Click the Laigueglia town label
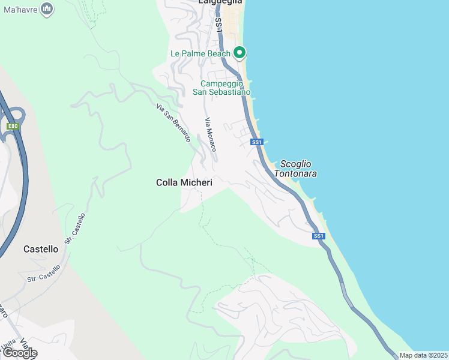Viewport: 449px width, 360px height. pos(221,2)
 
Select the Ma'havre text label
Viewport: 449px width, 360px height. pos(20,9)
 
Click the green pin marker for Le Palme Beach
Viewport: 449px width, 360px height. pos(240,53)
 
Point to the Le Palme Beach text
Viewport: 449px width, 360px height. pos(200,53)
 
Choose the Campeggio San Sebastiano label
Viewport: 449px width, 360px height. pos(221,88)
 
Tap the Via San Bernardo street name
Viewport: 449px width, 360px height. pos(173,123)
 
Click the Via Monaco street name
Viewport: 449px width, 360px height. pos(211,134)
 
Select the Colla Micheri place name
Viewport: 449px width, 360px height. pos(184,182)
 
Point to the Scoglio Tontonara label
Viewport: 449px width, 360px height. pos(295,169)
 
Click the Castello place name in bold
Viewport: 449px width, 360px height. pos(41,248)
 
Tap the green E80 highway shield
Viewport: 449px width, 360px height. pos(13,126)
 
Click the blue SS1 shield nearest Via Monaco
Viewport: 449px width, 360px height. pos(257,142)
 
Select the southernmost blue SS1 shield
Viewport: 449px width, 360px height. pos(319,236)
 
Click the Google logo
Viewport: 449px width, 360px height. pos(20,353)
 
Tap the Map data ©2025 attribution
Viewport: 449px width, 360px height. pos(423,355)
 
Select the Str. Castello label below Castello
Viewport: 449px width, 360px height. pos(44,274)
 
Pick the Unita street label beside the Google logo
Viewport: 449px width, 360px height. pos(10,343)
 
